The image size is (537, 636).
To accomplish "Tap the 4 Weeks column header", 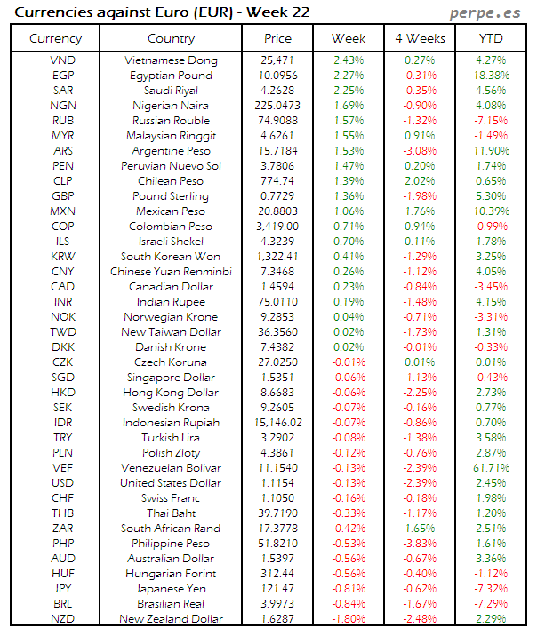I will (x=419, y=39).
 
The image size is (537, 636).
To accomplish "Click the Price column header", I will (x=277, y=39).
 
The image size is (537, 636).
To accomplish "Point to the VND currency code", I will (x=63, y=60).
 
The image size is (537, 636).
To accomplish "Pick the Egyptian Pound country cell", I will (x=171, y=76).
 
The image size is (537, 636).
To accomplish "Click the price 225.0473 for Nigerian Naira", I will (x=277, y=106).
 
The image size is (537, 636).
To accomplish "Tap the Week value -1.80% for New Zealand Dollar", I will (x=348, y=618).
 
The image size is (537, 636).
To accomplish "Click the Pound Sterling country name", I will (x=171, y=196).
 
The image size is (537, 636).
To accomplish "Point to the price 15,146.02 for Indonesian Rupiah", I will (x=277, y=422).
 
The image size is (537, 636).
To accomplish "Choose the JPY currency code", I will (x=63, y=588).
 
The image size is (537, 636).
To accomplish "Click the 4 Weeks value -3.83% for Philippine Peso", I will (x=419, y=543).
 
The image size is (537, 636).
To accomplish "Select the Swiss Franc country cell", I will (x=171, y=497).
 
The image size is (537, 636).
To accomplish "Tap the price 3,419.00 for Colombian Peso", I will (x=277, y=227).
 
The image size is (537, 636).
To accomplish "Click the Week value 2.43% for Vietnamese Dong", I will (x=348, y=60).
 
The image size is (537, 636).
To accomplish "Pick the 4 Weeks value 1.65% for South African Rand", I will (x=419, y=528).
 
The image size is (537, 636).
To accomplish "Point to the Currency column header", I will (x=55, y=39).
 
